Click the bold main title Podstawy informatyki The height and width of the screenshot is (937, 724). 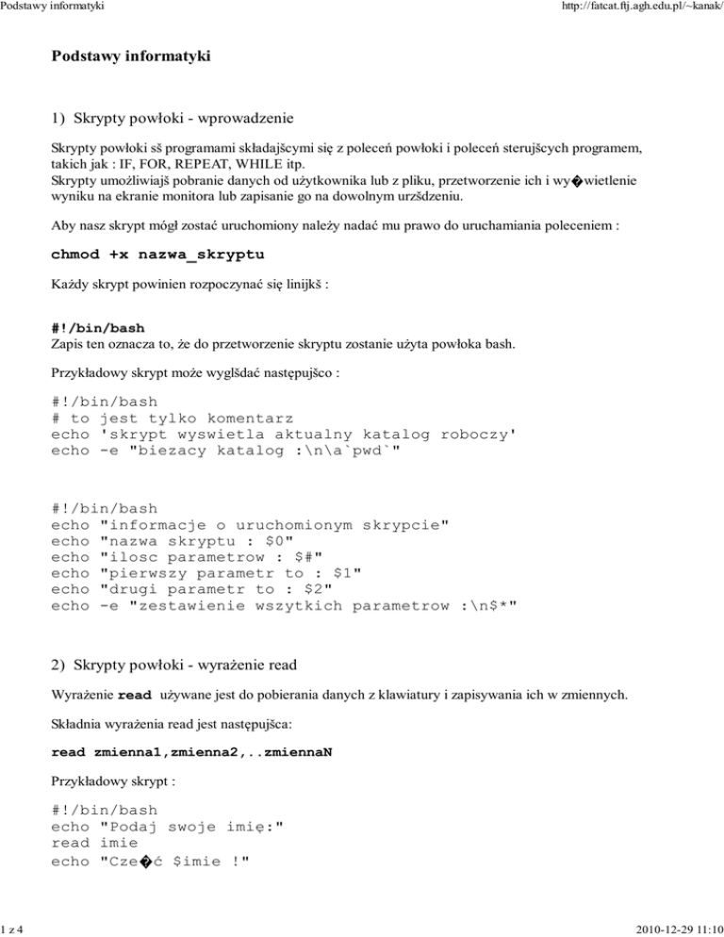tap(131, 57)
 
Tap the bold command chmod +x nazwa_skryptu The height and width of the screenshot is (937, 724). tap(157, 255)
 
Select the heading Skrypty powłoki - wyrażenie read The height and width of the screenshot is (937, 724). tap(174, 666)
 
